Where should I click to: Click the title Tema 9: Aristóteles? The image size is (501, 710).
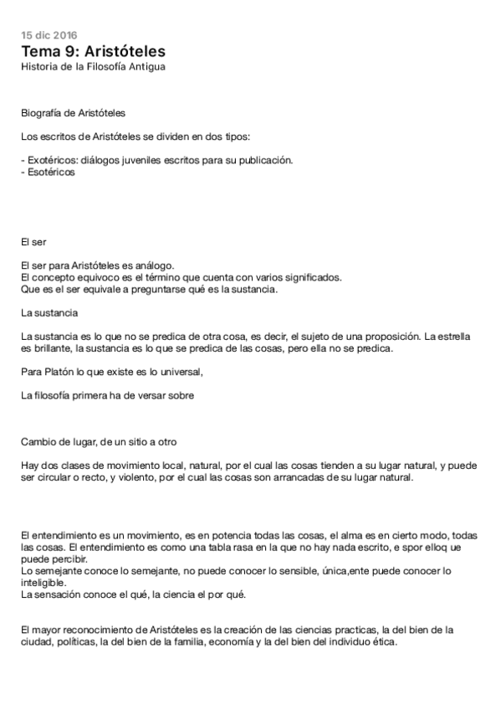(x=93, y=51)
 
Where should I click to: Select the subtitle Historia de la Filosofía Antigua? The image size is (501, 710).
(x=93, y=66)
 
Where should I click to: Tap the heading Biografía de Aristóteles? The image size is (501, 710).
(x=74, y=112)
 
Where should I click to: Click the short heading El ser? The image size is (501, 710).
(x=33, y=243)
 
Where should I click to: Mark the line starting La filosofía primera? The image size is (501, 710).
(x=107, y=395)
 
